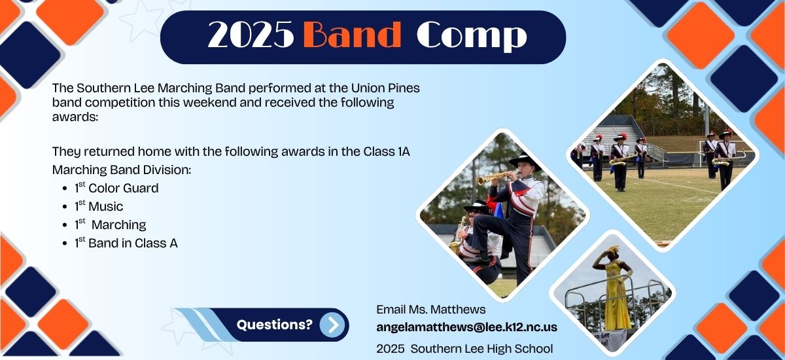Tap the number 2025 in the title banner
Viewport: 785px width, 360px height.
click(x=251, y=36)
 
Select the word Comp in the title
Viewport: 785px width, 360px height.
click(x=472, y=36)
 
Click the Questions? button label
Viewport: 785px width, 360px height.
click(x=274, y=324)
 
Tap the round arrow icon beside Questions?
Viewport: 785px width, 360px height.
click(x=332, y=325)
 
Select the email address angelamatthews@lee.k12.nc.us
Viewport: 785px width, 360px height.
click(x=466, y=327)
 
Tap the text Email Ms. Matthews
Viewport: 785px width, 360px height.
click(x=431, y=309)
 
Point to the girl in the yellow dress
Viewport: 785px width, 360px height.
click(x=615, y=288)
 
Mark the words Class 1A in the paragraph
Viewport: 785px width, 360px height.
click(x=387, y=152)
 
